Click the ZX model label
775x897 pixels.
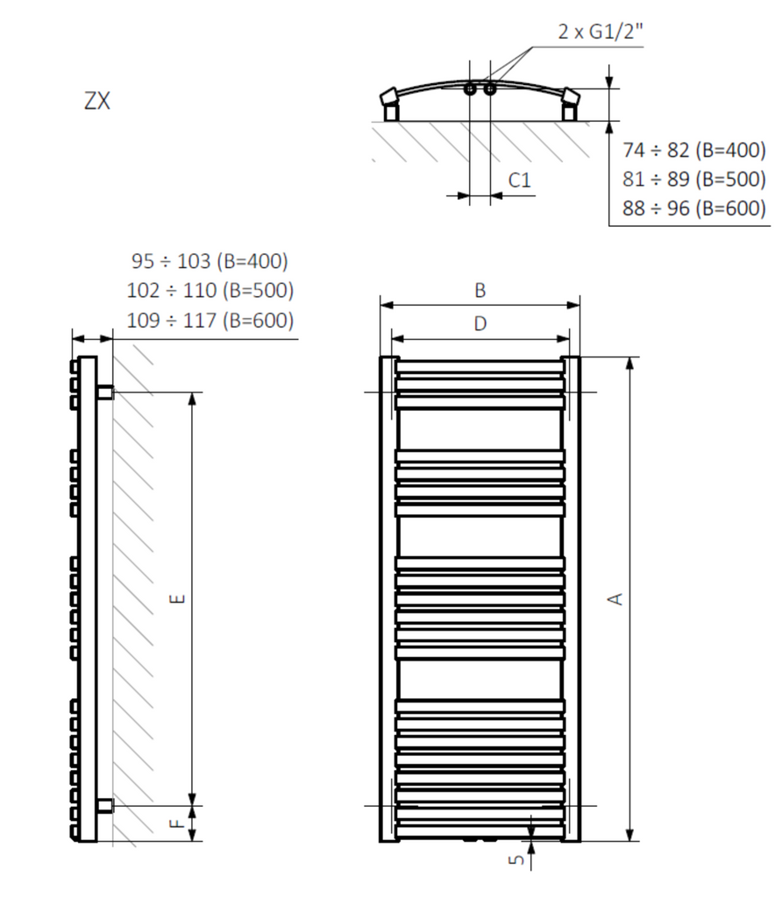coord(96,101)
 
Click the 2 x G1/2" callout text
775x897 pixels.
coord(601,31)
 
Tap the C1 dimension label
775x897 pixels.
coord(520,180)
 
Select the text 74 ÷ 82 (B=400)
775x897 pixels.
coord(694,150)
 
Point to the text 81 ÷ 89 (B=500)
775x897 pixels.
coord(694,179)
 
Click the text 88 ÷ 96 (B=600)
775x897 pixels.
coord(694,208)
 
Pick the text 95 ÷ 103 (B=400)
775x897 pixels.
coord(210,261)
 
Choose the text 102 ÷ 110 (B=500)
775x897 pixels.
coord(210,291)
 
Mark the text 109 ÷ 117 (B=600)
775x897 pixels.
coord(210,321)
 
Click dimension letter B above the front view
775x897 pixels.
coord(480,291)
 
